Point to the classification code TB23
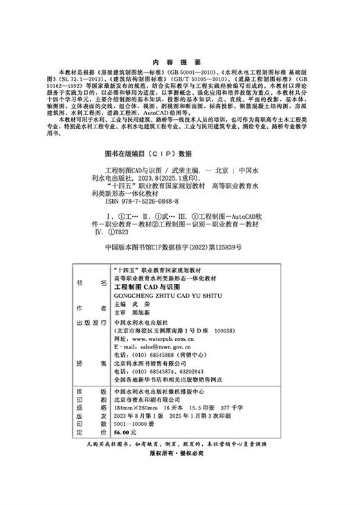tap(120, 233)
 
